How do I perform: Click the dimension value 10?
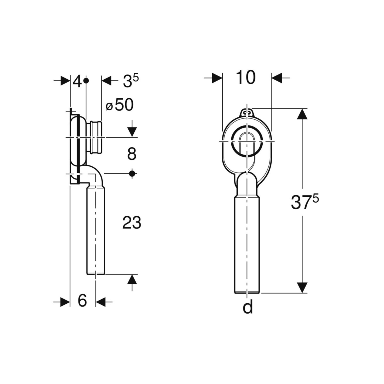pos(245,77)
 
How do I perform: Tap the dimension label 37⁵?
pos(305,203)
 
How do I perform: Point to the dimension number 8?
pos(132,154)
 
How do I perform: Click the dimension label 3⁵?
pos(131,80)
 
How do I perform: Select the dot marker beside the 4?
pos(86,81)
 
